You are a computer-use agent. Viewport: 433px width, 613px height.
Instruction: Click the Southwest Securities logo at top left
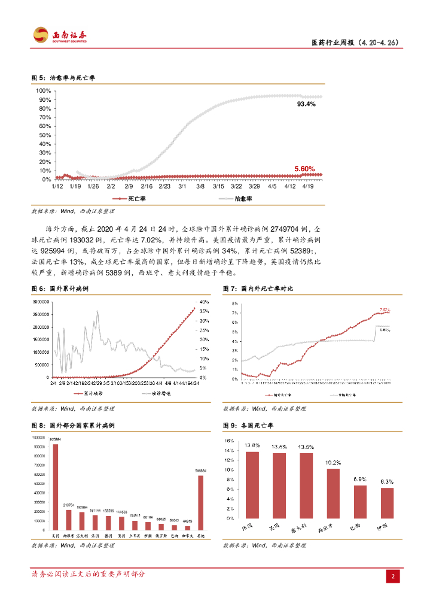[x=60, y=35]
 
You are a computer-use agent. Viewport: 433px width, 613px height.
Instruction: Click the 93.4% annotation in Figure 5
[x=306, y=104]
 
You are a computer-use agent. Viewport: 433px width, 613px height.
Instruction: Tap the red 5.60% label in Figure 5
[x=304, y=169]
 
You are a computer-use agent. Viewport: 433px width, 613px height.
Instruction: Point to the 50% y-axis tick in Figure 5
[x=45, y=135]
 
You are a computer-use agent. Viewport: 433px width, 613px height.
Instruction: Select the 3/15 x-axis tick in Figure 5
[x=218, y=187]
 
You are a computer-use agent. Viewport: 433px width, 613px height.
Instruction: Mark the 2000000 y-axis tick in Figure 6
[x=41, y=327]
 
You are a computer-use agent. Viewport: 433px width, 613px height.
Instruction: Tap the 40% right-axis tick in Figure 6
[x=203, y=302]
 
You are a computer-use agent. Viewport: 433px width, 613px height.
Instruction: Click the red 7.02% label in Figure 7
[x=384, y=310]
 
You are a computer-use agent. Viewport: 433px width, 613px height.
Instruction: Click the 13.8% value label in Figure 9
[x=252, y=445]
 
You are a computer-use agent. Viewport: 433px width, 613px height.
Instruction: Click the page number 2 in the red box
[x=394, y=577]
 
